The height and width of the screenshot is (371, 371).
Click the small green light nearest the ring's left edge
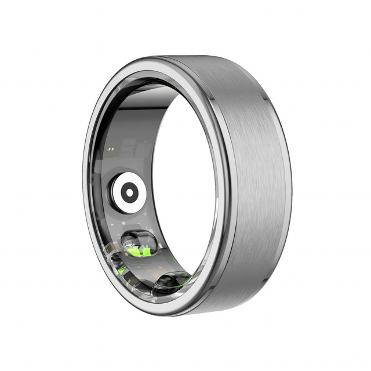(x=119, y=271)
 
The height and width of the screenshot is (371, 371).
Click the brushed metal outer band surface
(x=255, y=174)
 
